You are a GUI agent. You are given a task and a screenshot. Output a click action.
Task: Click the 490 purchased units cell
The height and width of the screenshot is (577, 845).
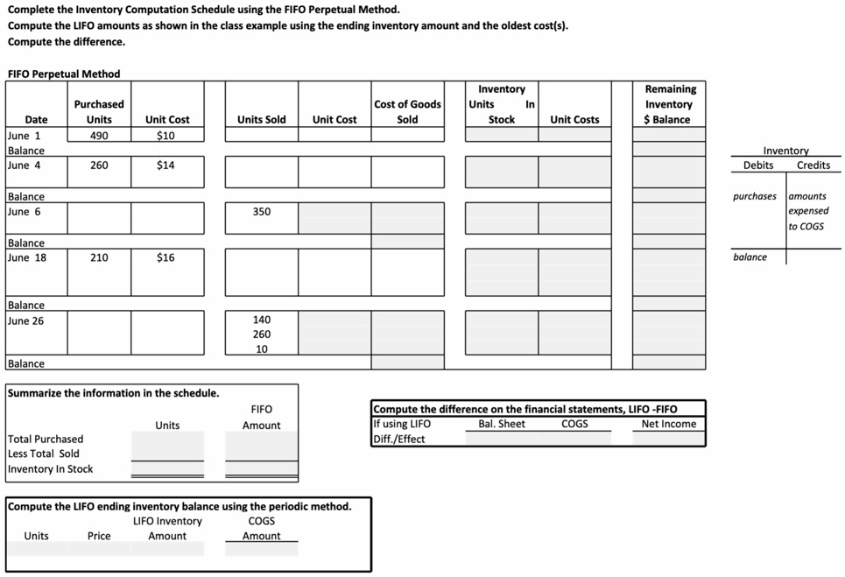99,136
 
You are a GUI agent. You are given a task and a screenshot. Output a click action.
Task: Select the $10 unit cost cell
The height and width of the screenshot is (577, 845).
166,136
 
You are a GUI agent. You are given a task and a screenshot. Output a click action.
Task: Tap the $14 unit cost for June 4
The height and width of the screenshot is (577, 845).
166,165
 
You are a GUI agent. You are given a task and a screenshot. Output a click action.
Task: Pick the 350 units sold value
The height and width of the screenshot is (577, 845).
261,212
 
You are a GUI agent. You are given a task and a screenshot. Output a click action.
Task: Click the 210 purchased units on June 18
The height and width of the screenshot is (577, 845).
99,258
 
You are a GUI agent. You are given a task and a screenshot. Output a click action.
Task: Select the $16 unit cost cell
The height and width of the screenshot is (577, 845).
166,258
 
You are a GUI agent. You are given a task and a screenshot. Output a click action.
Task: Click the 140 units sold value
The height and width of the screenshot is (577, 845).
261,320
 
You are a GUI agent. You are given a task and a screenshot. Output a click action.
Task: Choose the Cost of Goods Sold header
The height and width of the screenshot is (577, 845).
407,112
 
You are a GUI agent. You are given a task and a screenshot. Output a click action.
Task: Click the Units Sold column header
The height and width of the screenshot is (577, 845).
261,120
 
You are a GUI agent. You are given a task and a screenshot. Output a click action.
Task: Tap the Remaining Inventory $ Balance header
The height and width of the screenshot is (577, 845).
670,104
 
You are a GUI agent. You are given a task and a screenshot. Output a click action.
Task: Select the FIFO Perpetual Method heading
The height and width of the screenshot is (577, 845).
63,74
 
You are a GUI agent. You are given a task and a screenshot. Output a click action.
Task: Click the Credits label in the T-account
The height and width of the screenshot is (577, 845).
813,165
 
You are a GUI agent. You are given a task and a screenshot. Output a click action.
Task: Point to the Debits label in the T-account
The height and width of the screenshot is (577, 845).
757,165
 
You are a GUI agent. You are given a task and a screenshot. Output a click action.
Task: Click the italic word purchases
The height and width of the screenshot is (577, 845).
754,196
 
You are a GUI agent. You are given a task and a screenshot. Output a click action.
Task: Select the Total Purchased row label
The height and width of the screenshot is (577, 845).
46,440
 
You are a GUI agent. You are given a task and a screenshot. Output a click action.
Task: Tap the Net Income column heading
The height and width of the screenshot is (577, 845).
668,425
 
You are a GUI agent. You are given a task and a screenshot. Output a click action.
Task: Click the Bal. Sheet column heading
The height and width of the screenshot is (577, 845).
502,425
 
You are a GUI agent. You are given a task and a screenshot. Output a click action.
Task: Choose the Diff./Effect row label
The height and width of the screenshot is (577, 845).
399,439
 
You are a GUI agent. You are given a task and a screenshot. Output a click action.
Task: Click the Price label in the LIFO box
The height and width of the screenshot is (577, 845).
99,536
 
